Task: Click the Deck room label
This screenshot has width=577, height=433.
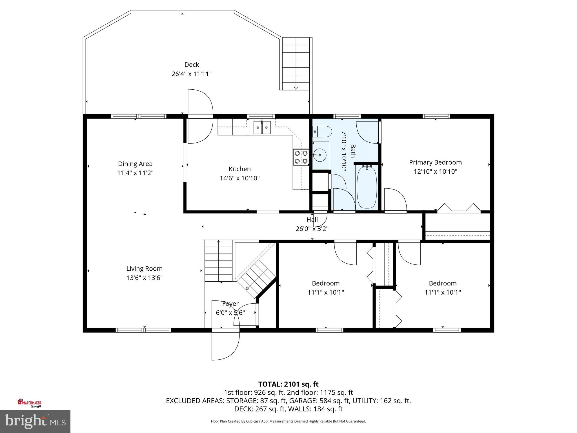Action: click(x=192, y=65)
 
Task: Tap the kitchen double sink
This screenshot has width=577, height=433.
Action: click(x=262, y=127)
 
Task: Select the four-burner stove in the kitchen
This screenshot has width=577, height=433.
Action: click(x=301, y=157)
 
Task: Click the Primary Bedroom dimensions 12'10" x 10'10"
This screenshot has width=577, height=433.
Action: click(x=435, y=171)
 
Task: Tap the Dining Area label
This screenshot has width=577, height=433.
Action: click(x=135, y=164)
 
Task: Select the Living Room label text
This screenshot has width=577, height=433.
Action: click(x=144, y=269)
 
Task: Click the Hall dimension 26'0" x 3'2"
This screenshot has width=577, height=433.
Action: click(x=312, y=229)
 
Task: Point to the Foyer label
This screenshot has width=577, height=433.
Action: click(x=230, y=304)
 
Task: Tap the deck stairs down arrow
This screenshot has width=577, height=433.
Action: click(x=296, y=88)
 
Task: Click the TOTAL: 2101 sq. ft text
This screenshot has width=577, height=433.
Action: click(x=288, y=384)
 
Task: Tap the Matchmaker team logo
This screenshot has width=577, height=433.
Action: click(x=30, y=403)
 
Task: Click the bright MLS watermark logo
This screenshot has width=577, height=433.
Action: click(x=35, y=421)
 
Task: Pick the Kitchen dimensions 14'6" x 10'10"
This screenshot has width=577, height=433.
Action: click(x=239, y=178)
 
